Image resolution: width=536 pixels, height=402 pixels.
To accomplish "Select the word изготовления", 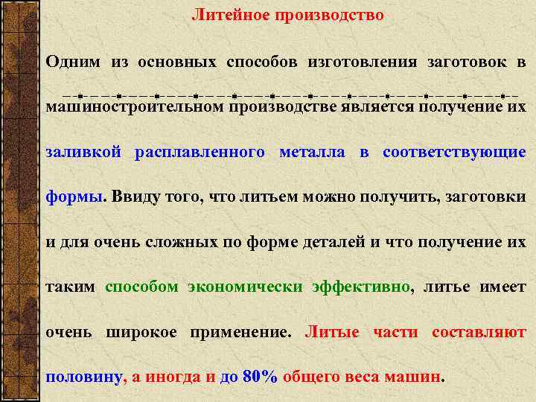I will point(363,62).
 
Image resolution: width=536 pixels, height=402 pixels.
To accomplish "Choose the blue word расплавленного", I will point(199,153).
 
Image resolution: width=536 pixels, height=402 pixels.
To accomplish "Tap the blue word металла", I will point(311,153).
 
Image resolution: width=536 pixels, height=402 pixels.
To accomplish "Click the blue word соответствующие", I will point(454,153).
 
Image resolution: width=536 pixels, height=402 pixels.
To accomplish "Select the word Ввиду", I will point(138,197).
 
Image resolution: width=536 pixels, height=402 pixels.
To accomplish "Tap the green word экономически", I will point(245,287).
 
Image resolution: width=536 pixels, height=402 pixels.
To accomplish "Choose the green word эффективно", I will point(361,287).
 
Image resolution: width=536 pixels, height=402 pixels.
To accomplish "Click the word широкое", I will point(141,332).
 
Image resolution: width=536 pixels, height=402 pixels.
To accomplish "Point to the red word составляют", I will point(479,332).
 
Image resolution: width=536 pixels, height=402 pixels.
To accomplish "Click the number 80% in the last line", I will point(260,377).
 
